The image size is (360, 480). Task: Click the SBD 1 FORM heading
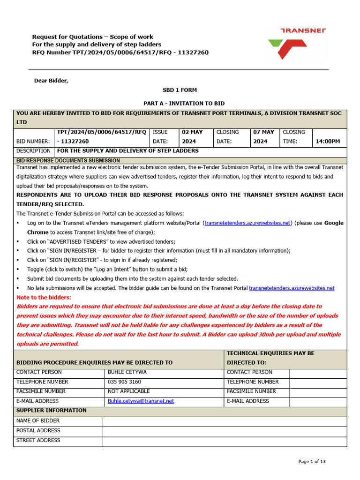pyautogui.click(x=180, y=90)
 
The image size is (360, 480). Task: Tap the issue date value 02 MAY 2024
pyautogui.click(x=192, y=137)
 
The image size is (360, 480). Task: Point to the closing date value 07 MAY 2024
pyautogui.click(x=264, y=137)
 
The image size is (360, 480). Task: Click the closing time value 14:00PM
pyautogui.click(x=328, y=141)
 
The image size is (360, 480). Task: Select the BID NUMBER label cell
pyautogui.click(x=33, y=141)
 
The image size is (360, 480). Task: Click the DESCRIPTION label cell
pyautogui.click(x=33, y=151)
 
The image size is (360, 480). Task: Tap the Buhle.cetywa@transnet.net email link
pyautogui.click(x=141, y=401)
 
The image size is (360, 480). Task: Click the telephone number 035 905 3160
pyautogui.click(x=124, y=382)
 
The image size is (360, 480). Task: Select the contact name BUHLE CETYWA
pyautogui.click(x=127, y=372)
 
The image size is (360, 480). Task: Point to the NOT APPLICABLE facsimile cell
pyautogui.click(x=129, y=391)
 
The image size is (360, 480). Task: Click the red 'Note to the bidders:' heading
pyautogui.click(x=44, y=297)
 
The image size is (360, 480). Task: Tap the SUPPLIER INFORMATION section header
pyautogui.click(x=52, y=411)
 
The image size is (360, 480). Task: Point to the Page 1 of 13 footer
pyautogui.click(x=312, y=462)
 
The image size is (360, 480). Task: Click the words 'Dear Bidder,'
pyautogui.click(x=51, y=81)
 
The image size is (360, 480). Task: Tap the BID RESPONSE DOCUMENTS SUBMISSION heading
pyautogui.click(x=68, y=160)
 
